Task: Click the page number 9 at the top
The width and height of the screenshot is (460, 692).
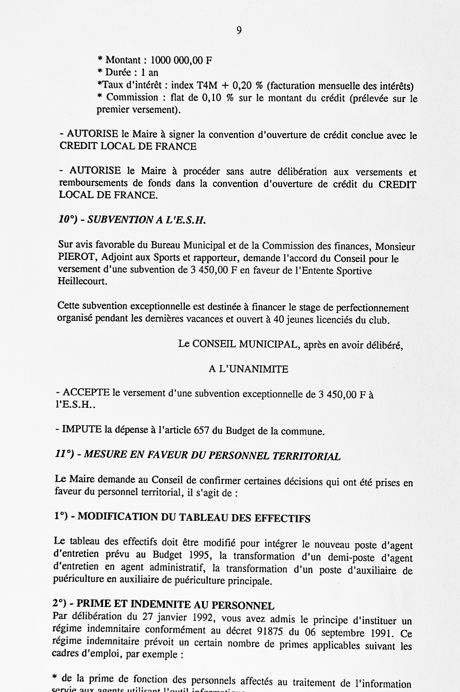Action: pos(239,31)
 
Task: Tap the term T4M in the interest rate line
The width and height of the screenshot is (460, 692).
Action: pos(207,86)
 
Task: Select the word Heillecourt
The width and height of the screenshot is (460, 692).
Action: pos(82,282)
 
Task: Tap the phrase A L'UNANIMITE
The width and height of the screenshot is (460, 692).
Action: pos(248,369)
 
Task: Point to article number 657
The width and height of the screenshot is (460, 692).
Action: pos(202,430)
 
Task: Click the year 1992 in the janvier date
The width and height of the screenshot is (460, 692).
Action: pos(202,618)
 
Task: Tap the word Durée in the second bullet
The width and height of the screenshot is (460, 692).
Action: pos(118,72)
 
